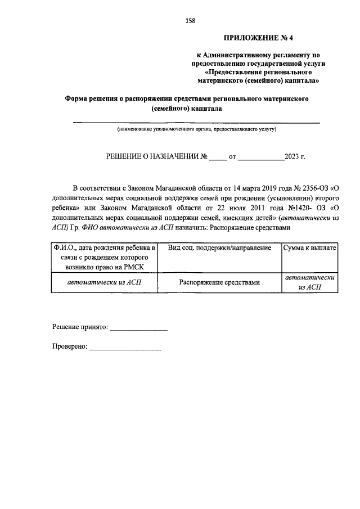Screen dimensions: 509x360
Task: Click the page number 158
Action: coord(190,21)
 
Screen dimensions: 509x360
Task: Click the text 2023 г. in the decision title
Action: coord(295,157)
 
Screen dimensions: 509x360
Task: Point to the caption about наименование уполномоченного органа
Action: coord(196,129)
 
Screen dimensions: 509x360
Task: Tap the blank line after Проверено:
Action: coord(125,349)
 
